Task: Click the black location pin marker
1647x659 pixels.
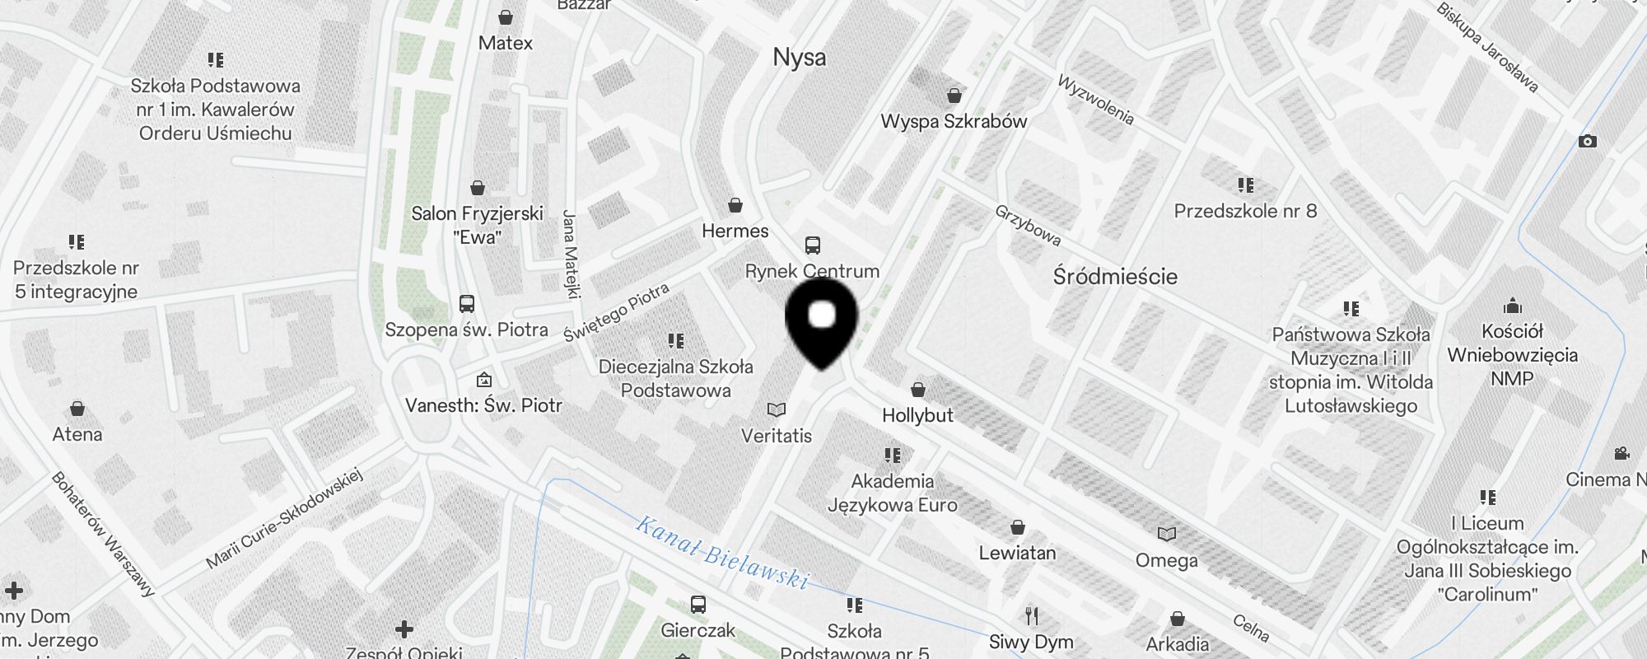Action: click(822, 320)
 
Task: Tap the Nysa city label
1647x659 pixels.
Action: click(799, 58)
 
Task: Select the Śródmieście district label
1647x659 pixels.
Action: click(1115, 276)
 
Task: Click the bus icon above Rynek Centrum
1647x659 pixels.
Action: click(813, 245)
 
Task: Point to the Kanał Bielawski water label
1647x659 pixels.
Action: click(722, 552)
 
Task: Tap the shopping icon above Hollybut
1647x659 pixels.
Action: click(918, 390)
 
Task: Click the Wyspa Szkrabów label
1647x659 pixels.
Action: click(954, 121)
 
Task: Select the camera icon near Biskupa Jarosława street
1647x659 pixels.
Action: click(1588, 142)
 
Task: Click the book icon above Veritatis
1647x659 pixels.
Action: click(776, 409)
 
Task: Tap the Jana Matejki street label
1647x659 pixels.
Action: click(571, 253)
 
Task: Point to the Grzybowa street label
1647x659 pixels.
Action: click(1028, 225)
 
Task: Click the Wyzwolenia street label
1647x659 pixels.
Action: click(1095, 100)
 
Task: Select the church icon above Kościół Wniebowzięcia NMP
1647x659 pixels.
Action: click(1512, 306)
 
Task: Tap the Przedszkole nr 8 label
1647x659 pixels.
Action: click(1245, 211)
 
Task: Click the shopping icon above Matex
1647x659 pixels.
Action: click(506, 17)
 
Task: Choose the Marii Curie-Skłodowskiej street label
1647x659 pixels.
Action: click(284, 519)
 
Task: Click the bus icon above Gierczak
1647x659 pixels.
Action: click(698, 605)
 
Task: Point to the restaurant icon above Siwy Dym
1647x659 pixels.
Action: click(1031, 615)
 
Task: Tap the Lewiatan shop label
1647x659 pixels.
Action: click(1017, 553)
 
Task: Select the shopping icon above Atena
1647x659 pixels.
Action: click(77, 409)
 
